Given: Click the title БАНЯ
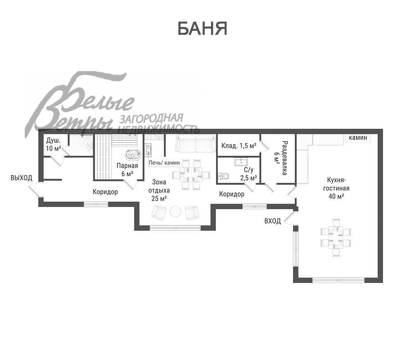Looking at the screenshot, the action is [202, 28].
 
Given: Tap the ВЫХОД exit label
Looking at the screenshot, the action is [22, 178].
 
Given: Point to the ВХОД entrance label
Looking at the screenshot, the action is [273, 221].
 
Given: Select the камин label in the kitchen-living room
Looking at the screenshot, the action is [358, 138].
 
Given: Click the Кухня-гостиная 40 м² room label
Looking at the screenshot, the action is [336, 188].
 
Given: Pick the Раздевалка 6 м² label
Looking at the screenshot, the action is [281, 158].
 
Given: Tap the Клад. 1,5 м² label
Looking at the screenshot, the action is [238, 146].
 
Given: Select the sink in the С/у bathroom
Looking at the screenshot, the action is [241, 162].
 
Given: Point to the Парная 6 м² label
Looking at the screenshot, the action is [127, 169].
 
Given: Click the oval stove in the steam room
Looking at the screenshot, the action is [133, 154].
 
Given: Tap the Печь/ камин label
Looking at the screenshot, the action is [164, 163].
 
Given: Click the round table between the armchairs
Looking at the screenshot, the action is [175, 211].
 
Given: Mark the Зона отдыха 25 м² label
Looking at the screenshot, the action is [159, 190].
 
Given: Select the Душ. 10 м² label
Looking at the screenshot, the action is [53, 144].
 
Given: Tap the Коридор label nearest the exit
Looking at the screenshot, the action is [105, 192].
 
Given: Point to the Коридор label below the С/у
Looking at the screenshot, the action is [231, 194].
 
